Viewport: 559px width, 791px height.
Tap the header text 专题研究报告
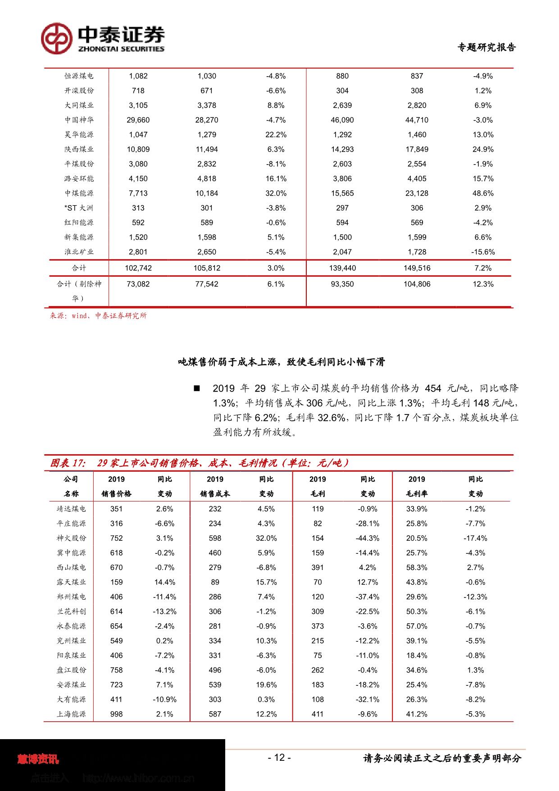tap(486, 47)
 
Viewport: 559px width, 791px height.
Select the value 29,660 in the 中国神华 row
tap(138, 120)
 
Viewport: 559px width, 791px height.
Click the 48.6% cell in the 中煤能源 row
tap(483, 193)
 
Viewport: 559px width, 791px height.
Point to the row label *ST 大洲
tap(79, 208)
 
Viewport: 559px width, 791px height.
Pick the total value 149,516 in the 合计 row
tap(417, 268)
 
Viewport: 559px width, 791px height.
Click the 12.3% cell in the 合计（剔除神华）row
tap(483, 284)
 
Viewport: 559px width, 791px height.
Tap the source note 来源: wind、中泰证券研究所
tap(98, 316)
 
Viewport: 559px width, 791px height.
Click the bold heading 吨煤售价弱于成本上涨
tap(282, 362)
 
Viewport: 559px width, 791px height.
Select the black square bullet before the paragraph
tap(196, 388)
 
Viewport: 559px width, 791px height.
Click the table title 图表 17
tap(68, 463)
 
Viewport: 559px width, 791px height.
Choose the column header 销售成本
tap(215, 494)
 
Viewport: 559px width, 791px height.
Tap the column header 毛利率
tap(417, 494)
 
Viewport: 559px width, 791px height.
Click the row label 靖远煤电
tap(71, 509)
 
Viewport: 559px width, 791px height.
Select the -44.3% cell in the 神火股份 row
tap(368, 538)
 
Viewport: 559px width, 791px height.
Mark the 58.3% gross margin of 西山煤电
tap(417, 567)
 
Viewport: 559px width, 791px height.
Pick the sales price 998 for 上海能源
tap(116, 714)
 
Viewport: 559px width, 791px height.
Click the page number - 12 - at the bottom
tap(279, 758)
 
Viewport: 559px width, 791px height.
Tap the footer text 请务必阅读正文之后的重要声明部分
tap(442, 759)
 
